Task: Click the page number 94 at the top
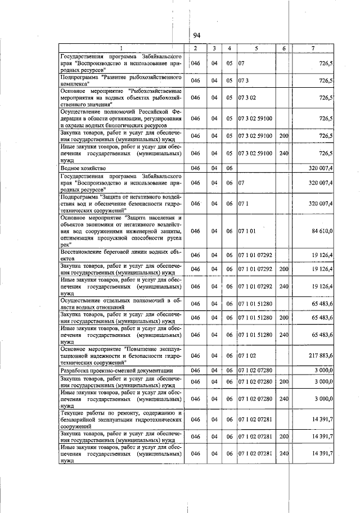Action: (x=197, y=35)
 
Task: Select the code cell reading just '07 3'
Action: (x=244, y=81)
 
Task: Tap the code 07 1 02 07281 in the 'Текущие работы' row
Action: (x=256, y=420)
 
